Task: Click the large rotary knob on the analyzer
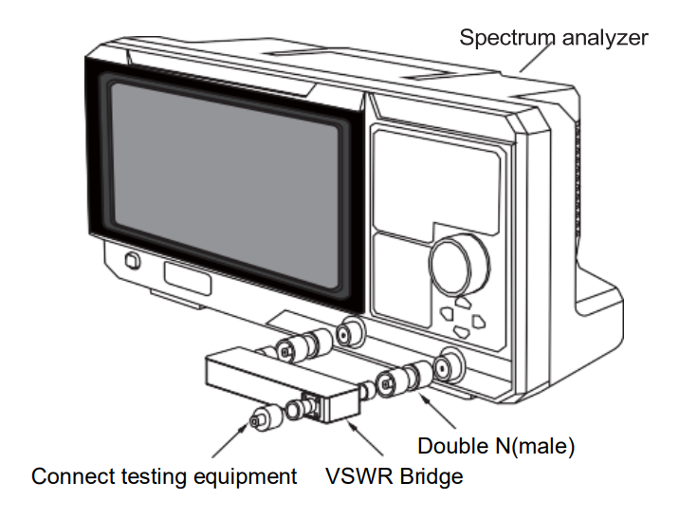461,261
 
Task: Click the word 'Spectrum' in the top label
503,38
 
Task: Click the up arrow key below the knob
462,303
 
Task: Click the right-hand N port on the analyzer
446,366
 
